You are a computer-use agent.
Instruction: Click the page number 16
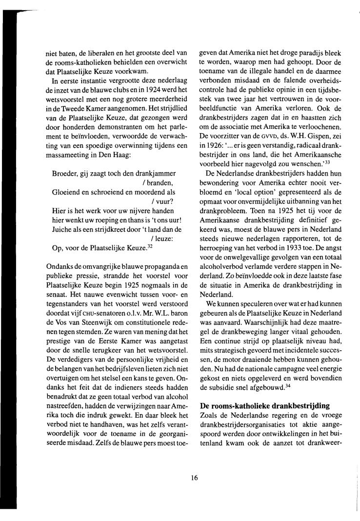pyautogui.click(x=195, y=478)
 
